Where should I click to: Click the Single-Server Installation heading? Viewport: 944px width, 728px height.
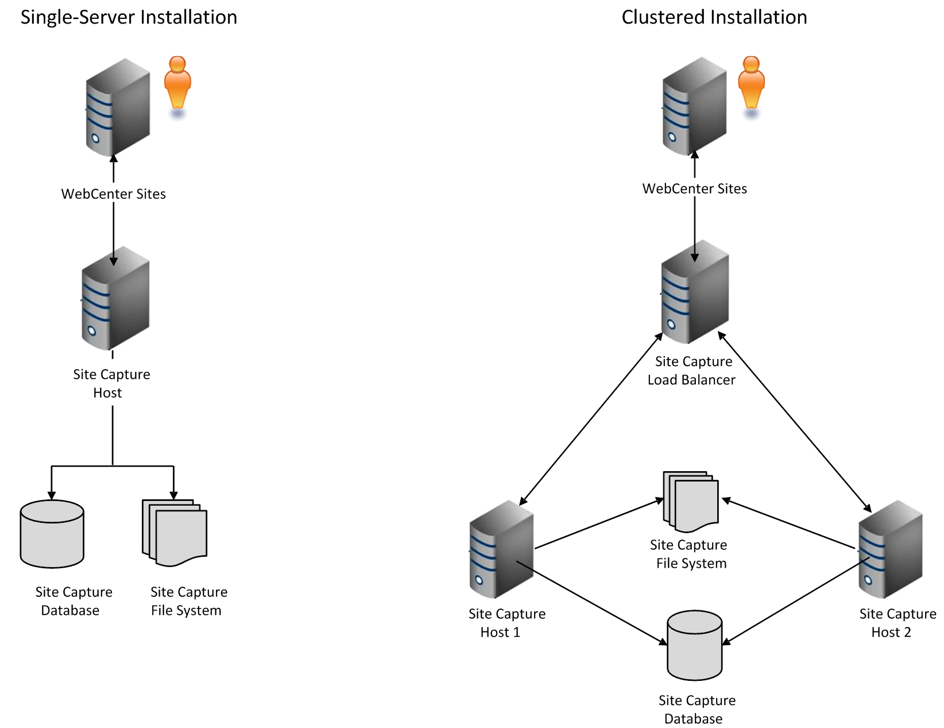click(129, 17)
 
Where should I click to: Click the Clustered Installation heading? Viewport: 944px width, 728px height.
click(714, 17)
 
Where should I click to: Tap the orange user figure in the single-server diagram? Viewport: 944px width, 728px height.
click(177, 86)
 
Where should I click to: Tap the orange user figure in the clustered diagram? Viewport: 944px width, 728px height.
click(751, 86)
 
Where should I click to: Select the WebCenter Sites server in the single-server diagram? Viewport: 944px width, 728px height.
click(118, 107)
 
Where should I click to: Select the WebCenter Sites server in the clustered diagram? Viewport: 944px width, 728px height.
click(694, 106)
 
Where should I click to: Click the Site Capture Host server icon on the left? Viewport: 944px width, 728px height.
click(115, 298)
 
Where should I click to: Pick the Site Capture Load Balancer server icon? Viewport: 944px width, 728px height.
click(695, 292)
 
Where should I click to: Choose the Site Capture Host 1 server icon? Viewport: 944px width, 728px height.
click(501, 549)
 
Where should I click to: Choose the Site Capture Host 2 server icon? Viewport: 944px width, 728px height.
click(891, 549)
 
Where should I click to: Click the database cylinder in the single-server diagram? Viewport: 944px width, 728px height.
click(52, 534)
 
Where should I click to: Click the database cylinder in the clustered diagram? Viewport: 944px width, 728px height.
click(695, 645)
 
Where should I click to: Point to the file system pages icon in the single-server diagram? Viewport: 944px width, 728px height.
click(175, 533)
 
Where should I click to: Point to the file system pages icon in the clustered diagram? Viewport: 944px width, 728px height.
click(691, 502)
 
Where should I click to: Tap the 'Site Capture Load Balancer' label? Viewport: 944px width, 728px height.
click(691, 371)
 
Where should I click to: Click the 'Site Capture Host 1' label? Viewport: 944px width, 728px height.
click(506, 623)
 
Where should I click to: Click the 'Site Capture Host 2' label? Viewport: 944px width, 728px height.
click(897, 623)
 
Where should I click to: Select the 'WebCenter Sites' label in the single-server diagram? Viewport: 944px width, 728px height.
click(113, 194)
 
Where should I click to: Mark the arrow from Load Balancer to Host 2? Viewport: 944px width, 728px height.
click(795, 422)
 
